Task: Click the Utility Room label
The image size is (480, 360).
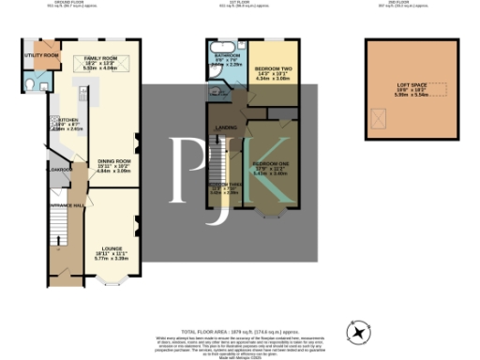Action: (x=41, y=55)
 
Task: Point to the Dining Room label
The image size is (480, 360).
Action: (x=116, y=160)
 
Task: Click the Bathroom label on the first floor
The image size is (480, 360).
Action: (x=228, y=56)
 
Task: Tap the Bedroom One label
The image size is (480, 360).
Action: (x=269, y=168)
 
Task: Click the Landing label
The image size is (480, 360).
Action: (x=226, y=127)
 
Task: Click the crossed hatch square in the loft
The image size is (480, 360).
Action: (x=381, y=118)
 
